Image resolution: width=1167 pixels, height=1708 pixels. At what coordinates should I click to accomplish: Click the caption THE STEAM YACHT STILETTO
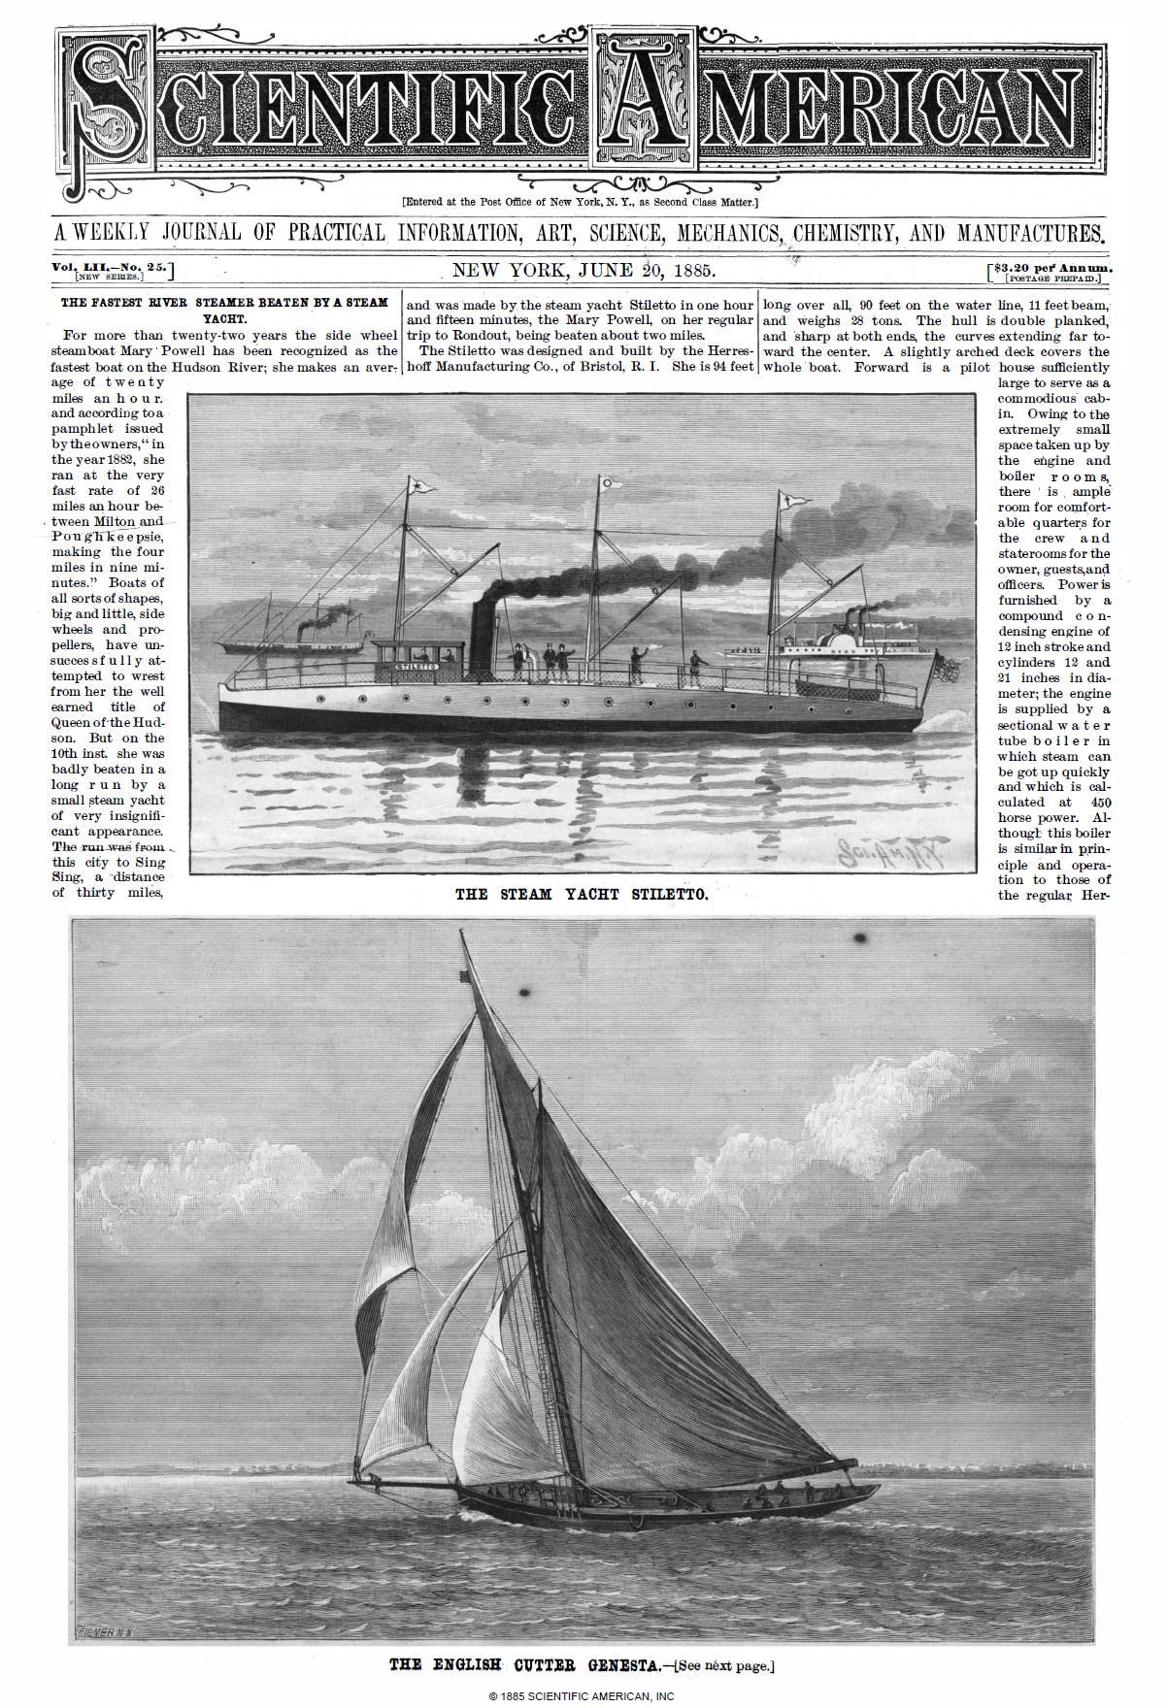point(582,894)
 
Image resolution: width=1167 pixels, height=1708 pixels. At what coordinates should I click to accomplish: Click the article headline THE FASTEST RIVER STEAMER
point(224,303)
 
